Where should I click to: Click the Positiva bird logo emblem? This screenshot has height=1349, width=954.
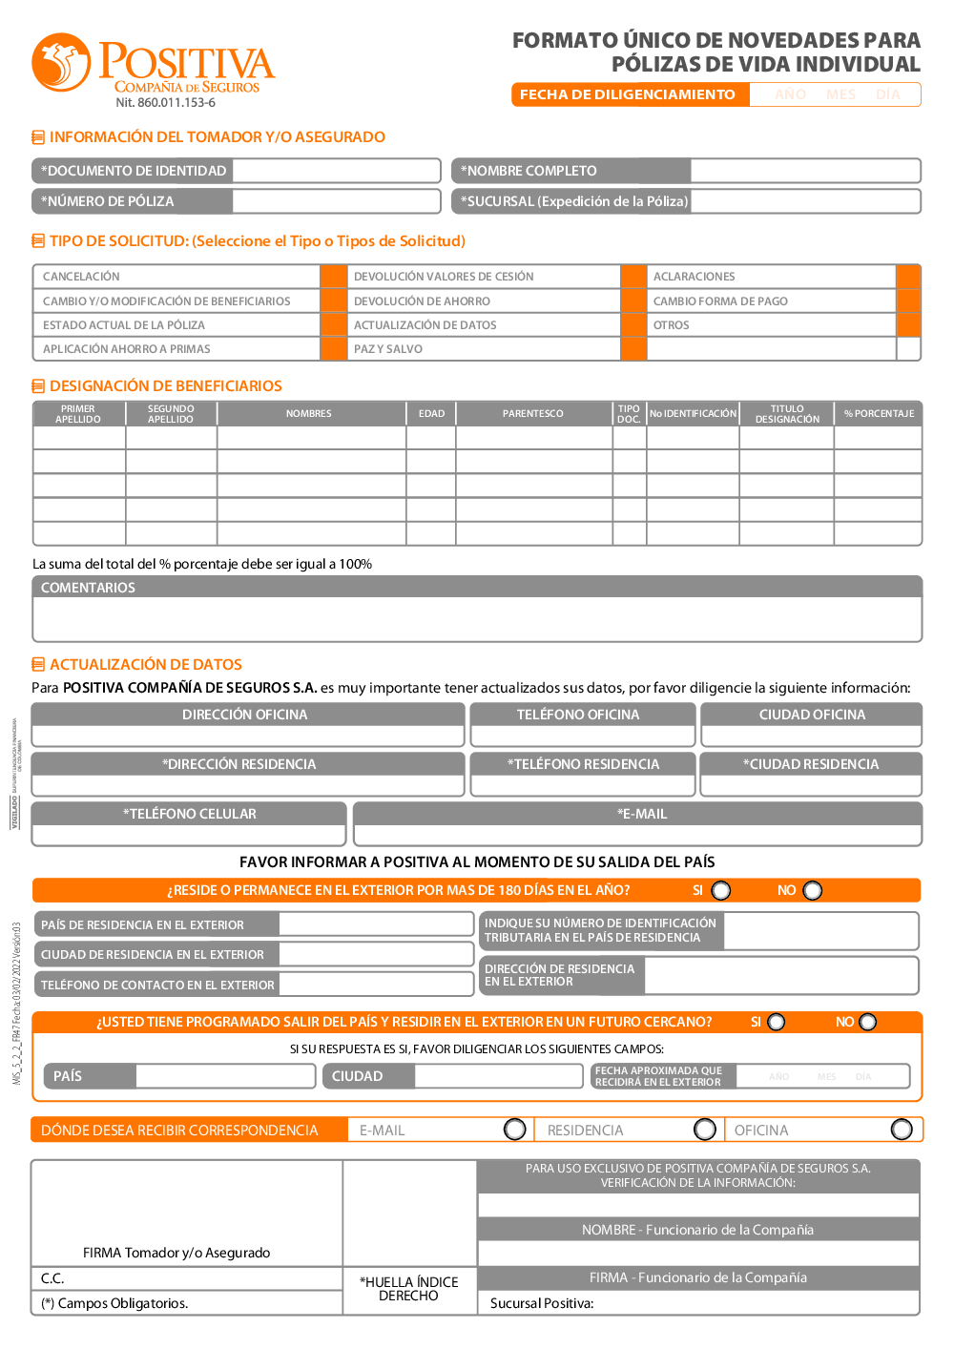pos(61,63)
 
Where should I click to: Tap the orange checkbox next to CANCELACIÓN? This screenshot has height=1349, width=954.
pos(334,277)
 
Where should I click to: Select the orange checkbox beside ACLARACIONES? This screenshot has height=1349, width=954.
pos(908,277)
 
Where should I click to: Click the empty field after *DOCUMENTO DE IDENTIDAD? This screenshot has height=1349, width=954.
pos(336,171)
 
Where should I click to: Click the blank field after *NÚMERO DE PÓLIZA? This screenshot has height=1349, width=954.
pos(336,201)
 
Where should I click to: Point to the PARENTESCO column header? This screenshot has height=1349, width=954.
pos(533,414)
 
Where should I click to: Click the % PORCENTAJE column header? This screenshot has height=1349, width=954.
pos(879,414)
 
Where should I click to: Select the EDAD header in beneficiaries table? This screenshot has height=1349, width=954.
pos(431,414)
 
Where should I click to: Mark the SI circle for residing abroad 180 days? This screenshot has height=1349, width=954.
pos(721,890)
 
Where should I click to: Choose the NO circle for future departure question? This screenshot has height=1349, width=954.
pos(867,1022)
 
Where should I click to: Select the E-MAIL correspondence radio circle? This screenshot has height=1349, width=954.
pos(515,1130)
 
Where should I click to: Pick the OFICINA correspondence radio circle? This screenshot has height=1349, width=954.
pos(902,1130)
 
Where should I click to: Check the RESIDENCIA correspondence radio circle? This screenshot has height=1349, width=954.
pos(705,1130)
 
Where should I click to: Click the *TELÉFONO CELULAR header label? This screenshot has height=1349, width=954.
pos(189,814)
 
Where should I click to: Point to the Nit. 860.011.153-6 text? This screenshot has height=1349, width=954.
pos(165,103)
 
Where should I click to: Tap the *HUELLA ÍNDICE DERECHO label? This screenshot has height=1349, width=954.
pos(409,1289)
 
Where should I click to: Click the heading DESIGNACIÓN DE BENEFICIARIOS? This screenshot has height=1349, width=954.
pos(165,386)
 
